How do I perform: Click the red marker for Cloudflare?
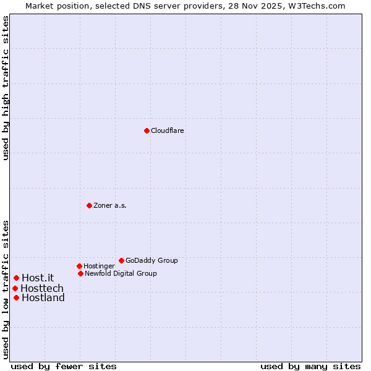pyautogui.click(x=147, y=130)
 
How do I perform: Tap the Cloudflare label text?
pyautogui.click(x=168, y=130)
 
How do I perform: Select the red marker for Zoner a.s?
pyautogui.click(x=89, y=205)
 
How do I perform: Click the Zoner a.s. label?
pyautogui.click(x=110, y=205)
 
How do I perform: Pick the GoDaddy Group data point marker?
pyautogui.click(x=121, y=260)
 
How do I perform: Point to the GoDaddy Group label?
pyautogui.click(x=151, y=260)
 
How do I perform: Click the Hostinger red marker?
pyautogui.click(x=79, y=266)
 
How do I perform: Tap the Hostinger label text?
pyautogui.click(x=99, y=266)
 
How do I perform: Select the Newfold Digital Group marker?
pyautogui.click(x=80, y=273)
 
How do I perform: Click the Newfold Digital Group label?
pyautogui.click(x=121, y=273)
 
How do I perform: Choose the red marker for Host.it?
pyautogui.click(x=16, y=278)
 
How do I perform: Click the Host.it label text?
pyautogui.click(x=38, y=278)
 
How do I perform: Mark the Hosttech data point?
pyautogui.click(x=15, y=288)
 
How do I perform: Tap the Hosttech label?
pyautogui.click(x=42, y=288)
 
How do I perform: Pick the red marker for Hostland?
pyautogui.click(x=16, y=297)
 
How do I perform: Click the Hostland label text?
pyautogui.click(x=43, y=297)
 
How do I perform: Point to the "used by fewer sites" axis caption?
pyautogui.click(x=64, y=366)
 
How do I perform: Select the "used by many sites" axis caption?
pyautogui.click(x=310, y=366)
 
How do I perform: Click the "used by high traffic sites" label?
pyautogui.click(x=6, y=88)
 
